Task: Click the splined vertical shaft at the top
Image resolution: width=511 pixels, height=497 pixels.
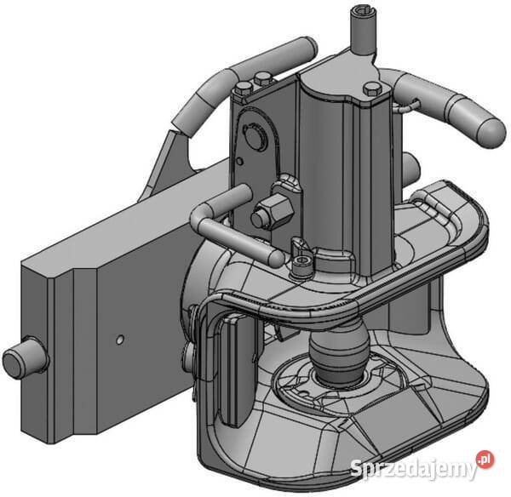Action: pyautogui.click(x=364, y=31)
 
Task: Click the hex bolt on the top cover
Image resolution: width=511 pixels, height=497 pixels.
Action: pyautogui.click(x=372, y=89)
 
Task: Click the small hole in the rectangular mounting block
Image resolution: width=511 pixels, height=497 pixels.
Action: pyautogui.click(x=120, y=340)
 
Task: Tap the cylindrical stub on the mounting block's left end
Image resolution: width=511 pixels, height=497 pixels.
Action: pyautogui.click(x=25, y=357)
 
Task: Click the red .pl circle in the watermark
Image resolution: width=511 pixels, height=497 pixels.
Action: pyautogui.click(x=485, y=460)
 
